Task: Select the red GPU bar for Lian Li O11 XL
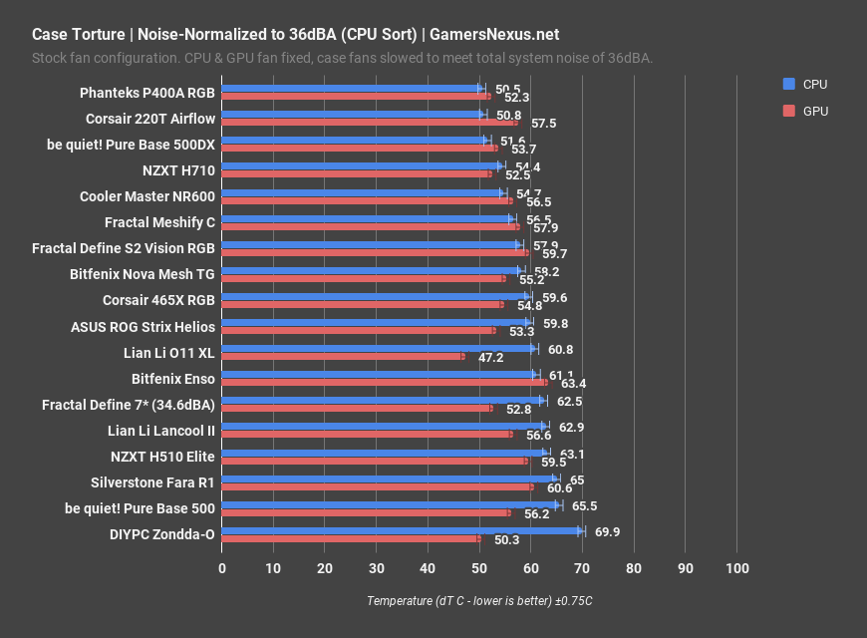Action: pos(342,356)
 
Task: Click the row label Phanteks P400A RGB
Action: pos(147,93)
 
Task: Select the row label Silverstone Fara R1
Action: pos(152,481)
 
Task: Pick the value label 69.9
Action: pos(608,532)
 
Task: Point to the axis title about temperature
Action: pos(479,601)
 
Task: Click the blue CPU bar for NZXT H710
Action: pos(361,166)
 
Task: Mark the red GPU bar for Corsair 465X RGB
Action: pos(362,304)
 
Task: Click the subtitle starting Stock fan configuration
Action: pos(342,58)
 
